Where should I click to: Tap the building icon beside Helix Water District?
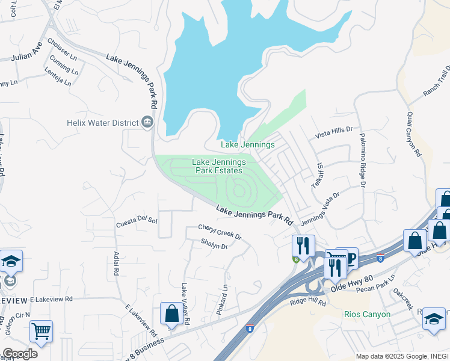pyautogui.click(x=147, y=123)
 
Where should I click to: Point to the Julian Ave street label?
pyautogui.click(x=26, y=53)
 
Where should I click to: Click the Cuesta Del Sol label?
pyautogui.click(x=137, y=221)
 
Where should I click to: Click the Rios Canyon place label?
pyautogui.click(x=368, y=314)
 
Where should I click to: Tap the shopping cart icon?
pyautogui.click(x=41, y=330)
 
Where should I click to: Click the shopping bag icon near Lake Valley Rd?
pyautogui.click(x=171, y=313)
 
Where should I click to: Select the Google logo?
pyautogui.click(x=19, y=354)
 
